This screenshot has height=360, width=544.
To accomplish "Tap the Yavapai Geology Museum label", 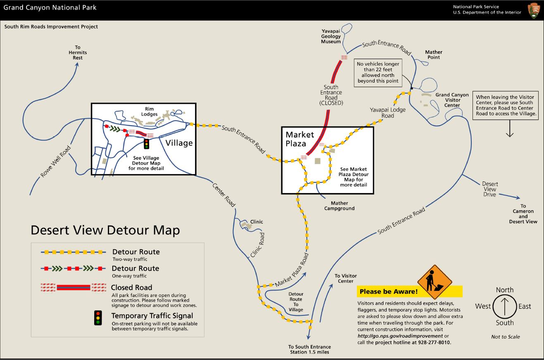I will [x=331, y=36].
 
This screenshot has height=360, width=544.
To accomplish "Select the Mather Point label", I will [x=433, y=55].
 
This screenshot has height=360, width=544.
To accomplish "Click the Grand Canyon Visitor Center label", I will [x=452, y=100].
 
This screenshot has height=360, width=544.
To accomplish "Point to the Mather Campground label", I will [x=339, y=205].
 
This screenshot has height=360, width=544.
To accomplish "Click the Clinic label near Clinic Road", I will [x=256, y=222].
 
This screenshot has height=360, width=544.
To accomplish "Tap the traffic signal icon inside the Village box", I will [x=146, y=144].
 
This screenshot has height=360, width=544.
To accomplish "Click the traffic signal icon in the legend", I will [x=98, y=318].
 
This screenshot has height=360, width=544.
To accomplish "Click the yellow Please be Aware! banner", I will [x=388, y=291].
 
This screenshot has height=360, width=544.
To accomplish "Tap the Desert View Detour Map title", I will [x=105, y=230].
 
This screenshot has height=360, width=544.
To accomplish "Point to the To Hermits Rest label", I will [x=78, y=52].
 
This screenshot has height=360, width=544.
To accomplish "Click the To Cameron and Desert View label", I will [x=523, y=214].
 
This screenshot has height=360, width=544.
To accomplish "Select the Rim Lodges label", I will [x=149, y=112].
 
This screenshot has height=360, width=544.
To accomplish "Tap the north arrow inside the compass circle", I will [x=504, y=306].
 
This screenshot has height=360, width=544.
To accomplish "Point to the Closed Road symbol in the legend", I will [x=74, y=287].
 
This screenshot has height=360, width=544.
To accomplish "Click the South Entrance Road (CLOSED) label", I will [x=331, y=95].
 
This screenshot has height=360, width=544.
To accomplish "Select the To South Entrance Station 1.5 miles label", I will [x=309, y=349].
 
